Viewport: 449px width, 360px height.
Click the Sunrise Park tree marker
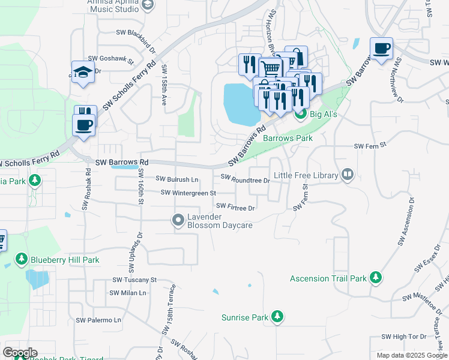click(x=277, y=316)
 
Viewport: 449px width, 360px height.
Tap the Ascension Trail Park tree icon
click(x=376, y=277)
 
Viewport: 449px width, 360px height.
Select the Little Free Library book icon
click(x=347, y=175)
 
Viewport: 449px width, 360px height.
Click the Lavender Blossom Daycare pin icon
click(x=178, y=220)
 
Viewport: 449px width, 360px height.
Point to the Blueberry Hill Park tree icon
click(x=22, y=259)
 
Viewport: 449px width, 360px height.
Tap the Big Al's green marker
click(x=301, y=113)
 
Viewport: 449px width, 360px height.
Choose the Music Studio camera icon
click(x=149, y=5)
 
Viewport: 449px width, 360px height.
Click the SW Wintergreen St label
click(x=188, y=193)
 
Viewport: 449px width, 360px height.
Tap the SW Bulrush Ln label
click(x=177, y=179)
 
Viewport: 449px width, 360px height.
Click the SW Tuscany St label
click(x=134, y=280)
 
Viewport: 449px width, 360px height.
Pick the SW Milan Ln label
click(x=128, y=293)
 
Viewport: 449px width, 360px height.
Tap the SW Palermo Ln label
click(x=98, y=320)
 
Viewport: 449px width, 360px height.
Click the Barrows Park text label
click(x=288, y=138)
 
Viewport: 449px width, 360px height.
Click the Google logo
click(x=20, y=353)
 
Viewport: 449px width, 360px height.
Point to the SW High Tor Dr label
click(x=403, y=337)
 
